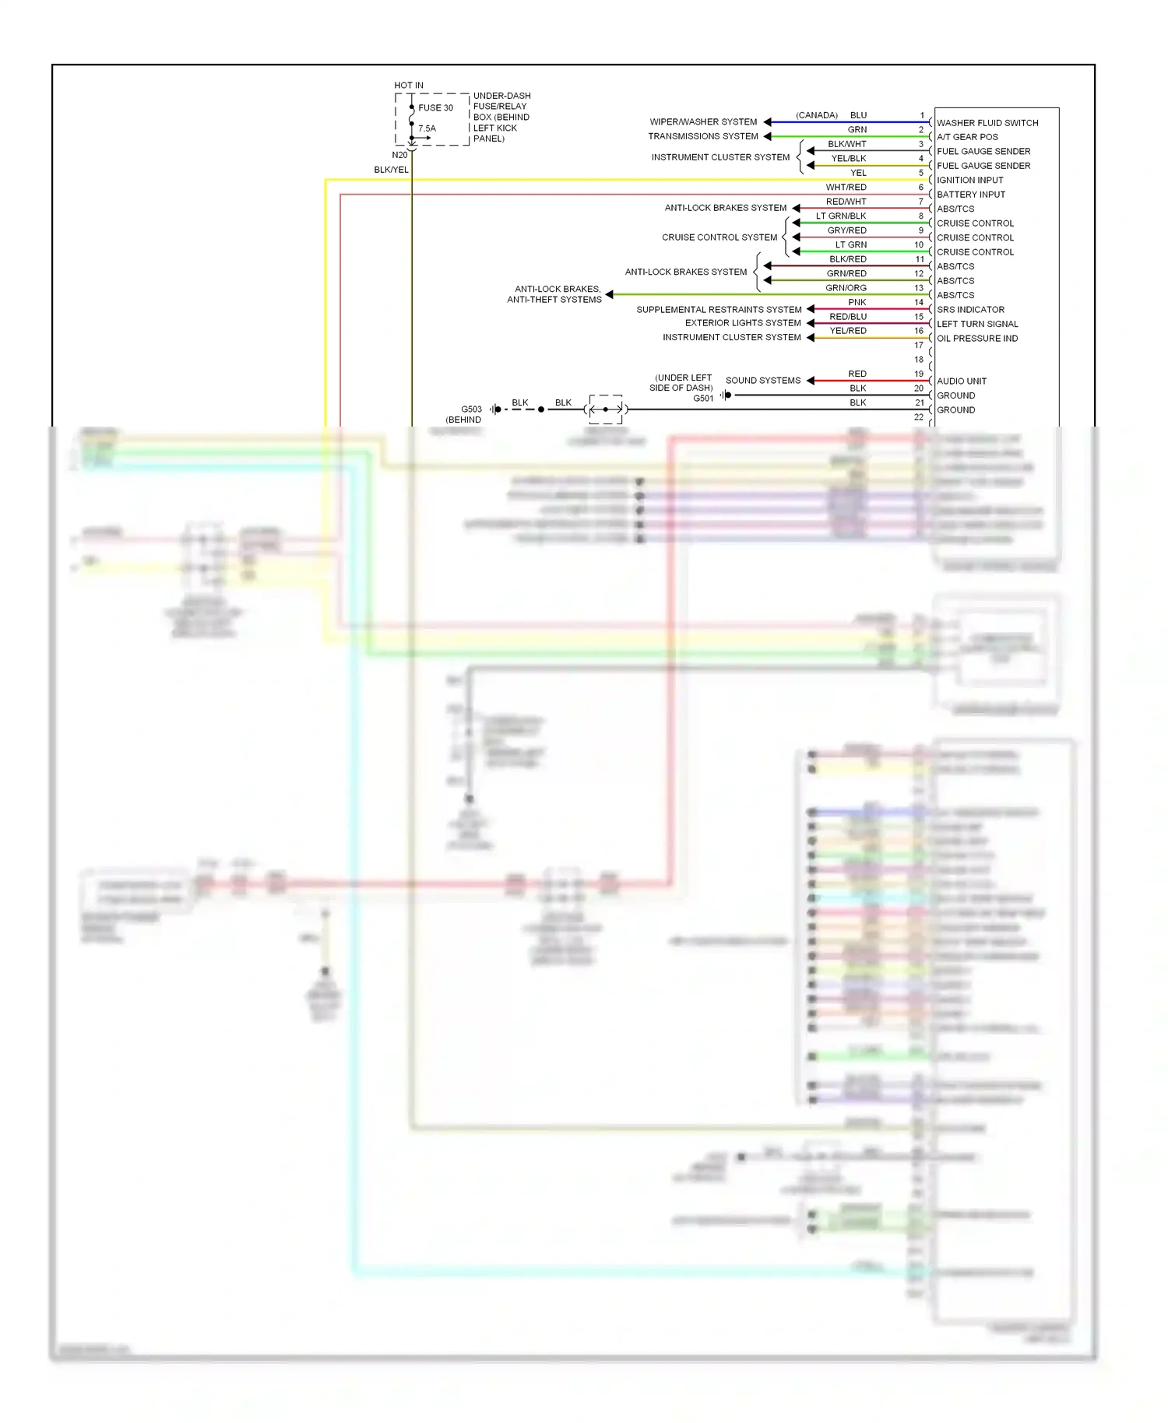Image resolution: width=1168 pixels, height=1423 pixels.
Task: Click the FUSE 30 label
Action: (435, 108)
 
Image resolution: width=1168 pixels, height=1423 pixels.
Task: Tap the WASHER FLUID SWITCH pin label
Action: (987, 123)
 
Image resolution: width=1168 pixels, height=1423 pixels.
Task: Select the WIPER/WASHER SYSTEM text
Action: (702, 122)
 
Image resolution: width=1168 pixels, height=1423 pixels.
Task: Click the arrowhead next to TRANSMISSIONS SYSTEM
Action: (767, 136)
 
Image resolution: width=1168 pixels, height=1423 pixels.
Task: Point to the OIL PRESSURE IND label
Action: (976, 339)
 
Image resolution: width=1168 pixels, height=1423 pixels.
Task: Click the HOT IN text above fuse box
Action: (408, 86)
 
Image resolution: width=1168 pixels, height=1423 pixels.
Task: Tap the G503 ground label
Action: (471, 409)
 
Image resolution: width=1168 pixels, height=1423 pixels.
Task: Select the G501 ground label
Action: (702, 399)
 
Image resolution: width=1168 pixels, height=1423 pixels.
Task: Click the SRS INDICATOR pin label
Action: (969, 310)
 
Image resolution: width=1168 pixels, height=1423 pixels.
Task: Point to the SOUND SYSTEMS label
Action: (762, 381)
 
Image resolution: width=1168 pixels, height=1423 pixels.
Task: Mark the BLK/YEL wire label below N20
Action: (391, 170)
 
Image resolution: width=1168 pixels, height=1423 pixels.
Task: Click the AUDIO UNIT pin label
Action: (961, 381)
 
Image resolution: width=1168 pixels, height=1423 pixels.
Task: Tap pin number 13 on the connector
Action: (919, 288)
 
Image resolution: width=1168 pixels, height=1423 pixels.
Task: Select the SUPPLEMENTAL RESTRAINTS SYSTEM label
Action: (718, 310)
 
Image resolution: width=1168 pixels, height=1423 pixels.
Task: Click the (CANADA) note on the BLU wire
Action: (816, 115)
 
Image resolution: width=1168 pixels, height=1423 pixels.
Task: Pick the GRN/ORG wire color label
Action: (846, 288)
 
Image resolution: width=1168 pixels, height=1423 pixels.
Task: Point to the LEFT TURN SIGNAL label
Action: (976, 325)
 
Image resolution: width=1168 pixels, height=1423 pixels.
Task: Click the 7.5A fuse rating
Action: (427, 129)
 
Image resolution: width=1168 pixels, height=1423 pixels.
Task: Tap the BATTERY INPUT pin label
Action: (970, 195)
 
